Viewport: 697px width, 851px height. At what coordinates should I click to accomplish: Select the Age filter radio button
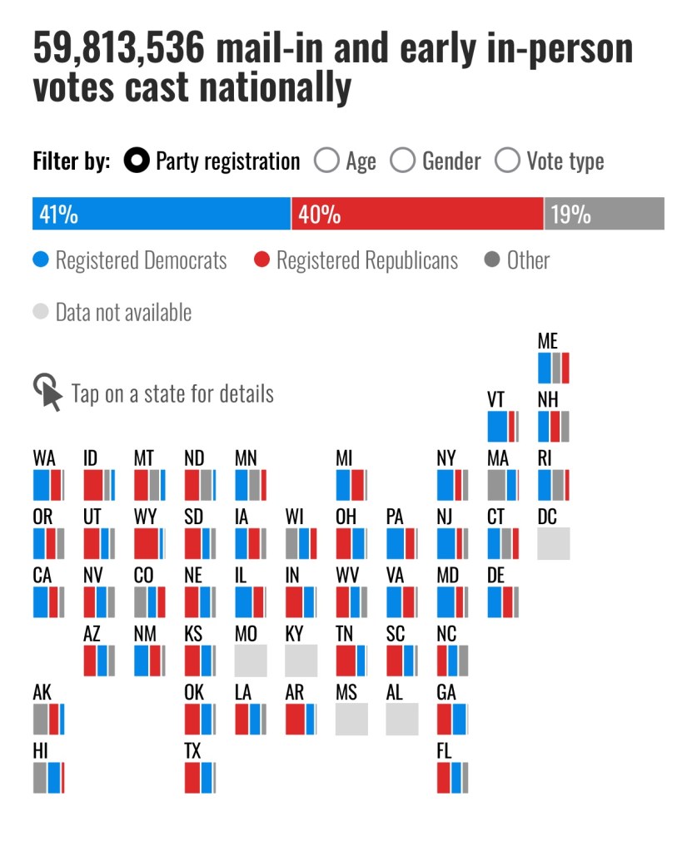pyautogui.click(x=326, y=161)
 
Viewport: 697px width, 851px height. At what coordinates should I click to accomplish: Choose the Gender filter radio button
pyautogui.click(x=402, y=161)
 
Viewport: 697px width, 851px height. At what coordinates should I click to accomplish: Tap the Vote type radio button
pyautogui.click(x=507, y=161)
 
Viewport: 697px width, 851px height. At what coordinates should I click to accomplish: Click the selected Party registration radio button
pyautogui.click(x=137, y=161)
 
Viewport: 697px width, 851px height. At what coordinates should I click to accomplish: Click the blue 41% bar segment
pyautogui.click(x=161, y=214)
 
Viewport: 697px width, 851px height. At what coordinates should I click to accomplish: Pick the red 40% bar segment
pyautogui.click(x=417, y=214)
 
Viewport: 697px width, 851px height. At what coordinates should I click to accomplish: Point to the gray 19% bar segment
pyautogui.click(x=605, y=214)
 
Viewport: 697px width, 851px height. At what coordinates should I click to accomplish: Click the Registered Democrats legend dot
pyautogui.click(x=41, y=261)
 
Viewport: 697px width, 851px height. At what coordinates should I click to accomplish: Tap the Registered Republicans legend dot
pyautogui.click(x=261, y=261)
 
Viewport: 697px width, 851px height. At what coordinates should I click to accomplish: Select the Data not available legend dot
pyautogui.click(x=41, y=313)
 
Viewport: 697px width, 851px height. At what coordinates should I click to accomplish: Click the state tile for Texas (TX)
pyautogui.click(x=200, y=777)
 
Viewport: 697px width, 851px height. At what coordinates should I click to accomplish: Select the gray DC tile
pyautogui.click(x=554, y=543)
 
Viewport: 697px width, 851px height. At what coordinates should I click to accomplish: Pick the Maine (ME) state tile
pyautogui.click(x=554, y=368)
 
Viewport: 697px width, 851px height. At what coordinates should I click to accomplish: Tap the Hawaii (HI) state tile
pyautogui.click(x=48, y=777)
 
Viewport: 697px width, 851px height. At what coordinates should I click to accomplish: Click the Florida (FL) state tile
pyautogui.click(x=452, y=777)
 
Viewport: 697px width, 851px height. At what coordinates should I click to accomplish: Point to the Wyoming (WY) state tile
pyautogui.click(x=150, y=543)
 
